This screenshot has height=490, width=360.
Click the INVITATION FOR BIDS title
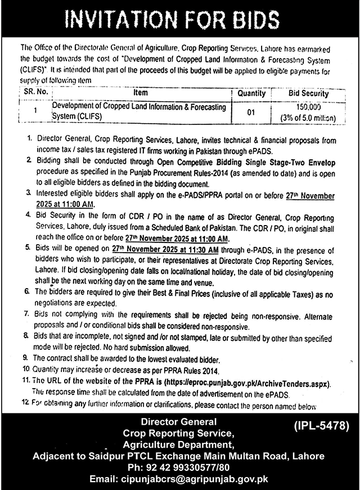coord(180,22)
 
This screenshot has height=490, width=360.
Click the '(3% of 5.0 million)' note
coord(307,118)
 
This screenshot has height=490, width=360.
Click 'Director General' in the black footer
coord(178,421)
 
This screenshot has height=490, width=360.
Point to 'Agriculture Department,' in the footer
coord(178,443)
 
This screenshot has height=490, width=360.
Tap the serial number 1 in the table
coord(35,112)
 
